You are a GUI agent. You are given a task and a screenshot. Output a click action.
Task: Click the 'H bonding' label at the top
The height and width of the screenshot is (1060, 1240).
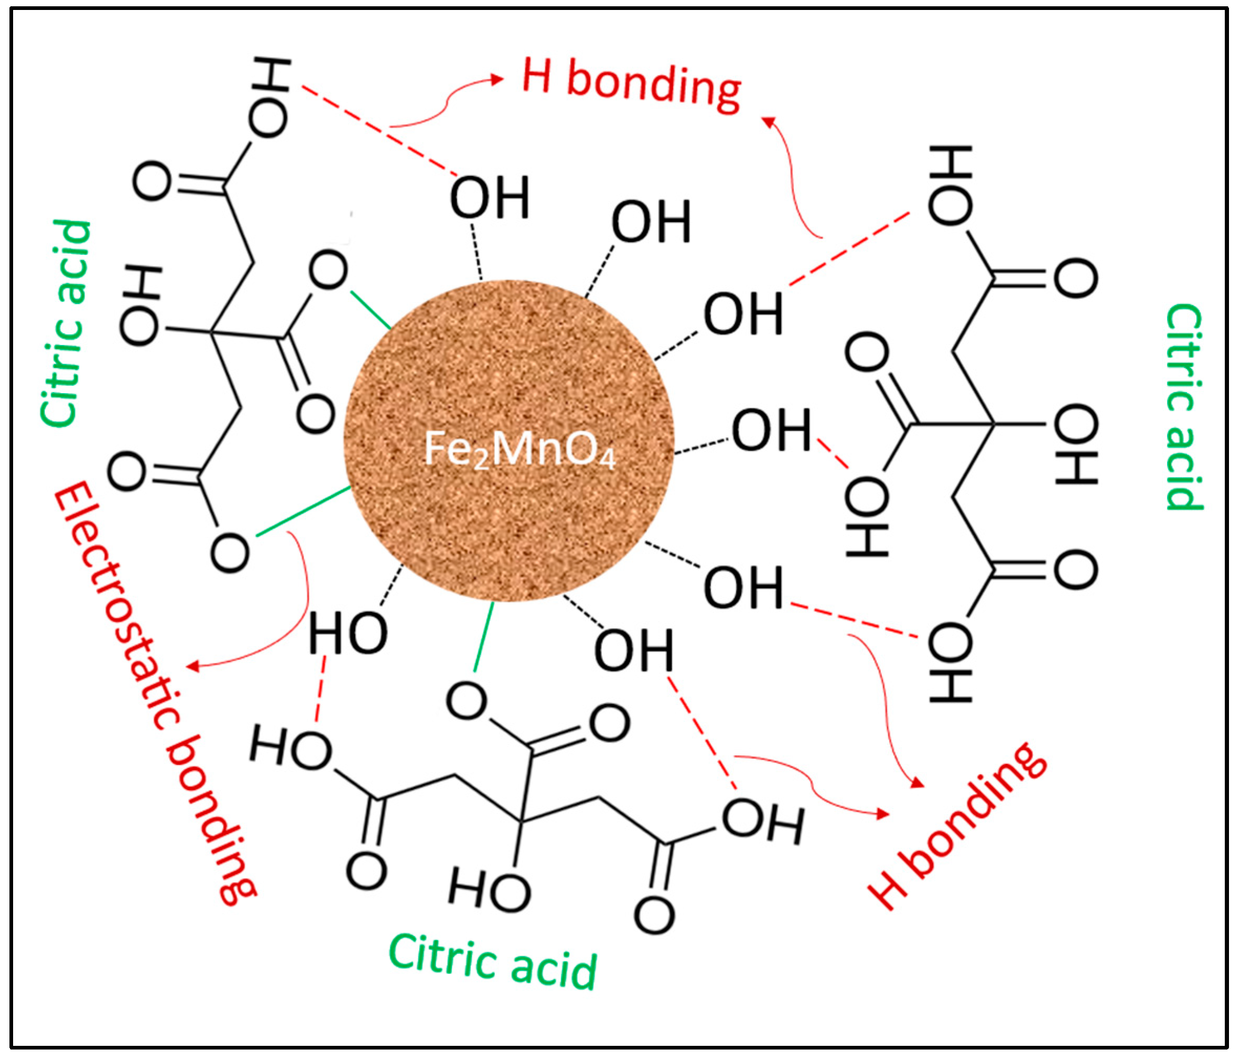[632, 84]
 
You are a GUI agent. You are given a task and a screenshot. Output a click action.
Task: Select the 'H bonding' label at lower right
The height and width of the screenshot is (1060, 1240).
[957, 826]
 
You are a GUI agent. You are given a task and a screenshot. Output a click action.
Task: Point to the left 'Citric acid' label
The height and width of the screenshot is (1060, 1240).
[66, 323]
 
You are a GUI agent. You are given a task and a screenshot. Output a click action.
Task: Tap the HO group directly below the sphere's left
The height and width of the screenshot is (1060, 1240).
[348, 633]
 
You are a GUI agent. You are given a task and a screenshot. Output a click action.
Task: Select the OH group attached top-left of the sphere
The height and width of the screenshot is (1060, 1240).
[490, 198]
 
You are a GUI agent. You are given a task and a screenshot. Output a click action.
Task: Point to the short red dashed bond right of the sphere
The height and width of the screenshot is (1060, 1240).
[833, 453]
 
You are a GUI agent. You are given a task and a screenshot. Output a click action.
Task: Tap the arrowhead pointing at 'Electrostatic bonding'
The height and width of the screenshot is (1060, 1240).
[193, 666]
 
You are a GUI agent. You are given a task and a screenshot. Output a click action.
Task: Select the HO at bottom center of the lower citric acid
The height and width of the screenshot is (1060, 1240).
[490, 890]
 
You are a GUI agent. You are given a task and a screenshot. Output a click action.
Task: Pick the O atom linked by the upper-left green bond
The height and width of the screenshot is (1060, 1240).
[329, 271]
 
